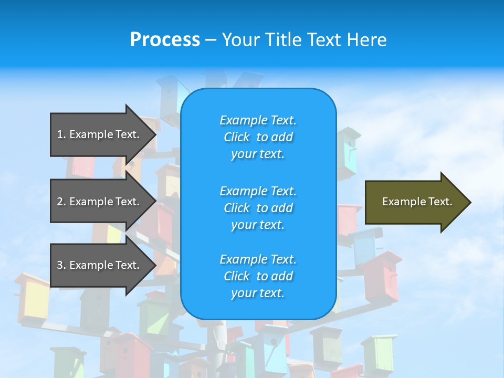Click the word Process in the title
tap(165, 40)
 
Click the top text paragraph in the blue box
tap(258, 137)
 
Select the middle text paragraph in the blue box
tap(258, 208)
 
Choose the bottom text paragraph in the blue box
tap(258, 276)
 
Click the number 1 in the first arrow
tap(60, 134)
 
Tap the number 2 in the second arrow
tap(60, 202)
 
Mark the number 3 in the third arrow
tap(60, 265)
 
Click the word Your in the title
tap(240, 40)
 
